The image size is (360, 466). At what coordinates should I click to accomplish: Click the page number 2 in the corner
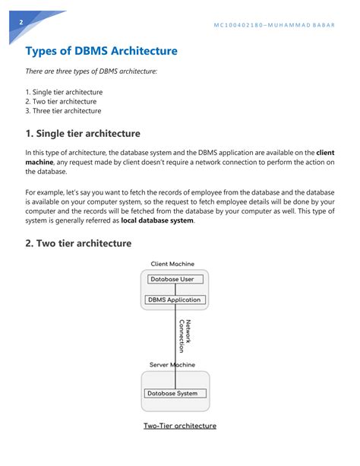point(21,22)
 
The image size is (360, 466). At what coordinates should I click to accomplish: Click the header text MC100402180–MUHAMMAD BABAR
point(274,25)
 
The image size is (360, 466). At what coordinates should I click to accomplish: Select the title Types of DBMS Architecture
point(101,51)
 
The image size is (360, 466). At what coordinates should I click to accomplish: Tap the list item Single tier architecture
point(68,92)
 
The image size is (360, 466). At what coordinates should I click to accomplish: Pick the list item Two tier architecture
point(65,101)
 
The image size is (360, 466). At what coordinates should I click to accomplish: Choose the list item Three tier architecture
point(67,111)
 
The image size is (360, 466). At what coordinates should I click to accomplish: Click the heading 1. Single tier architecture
point(83,134)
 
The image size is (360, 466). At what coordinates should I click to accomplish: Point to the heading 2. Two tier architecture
point(78,243)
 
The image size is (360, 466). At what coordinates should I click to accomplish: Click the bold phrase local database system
point(157,220)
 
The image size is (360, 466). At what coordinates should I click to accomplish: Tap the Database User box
point(175,279)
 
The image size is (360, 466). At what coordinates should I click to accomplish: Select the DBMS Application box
point(175,300)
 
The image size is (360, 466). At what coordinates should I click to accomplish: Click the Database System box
point(175,393)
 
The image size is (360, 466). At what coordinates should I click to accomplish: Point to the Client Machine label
point(172,264)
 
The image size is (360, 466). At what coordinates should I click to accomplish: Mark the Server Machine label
point(172,365)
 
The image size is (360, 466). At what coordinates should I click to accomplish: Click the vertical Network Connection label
point(185,336)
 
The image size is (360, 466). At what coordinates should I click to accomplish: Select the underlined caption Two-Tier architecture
point(180,426)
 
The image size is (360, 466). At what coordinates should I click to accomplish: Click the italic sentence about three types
point(91,71)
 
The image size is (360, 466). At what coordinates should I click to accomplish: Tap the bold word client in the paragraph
point(325,153)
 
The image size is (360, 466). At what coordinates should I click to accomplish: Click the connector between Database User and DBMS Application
point(175,290)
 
